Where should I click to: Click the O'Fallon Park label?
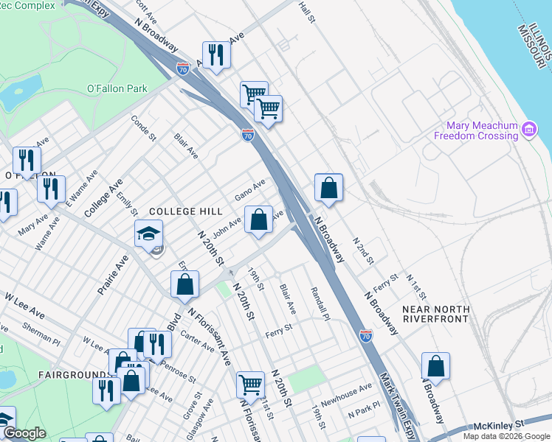[x=117, y=88]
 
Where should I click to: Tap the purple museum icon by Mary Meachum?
[x=528, y=130]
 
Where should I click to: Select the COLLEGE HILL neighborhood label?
[x=184, y=211]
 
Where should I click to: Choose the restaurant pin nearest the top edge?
[x=216, y=55]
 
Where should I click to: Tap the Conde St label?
[x=143, y=127]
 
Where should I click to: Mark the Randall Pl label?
[x=318, y=304]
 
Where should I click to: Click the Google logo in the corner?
[x=24, y=433]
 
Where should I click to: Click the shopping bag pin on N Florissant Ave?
[x=184, y=284]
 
